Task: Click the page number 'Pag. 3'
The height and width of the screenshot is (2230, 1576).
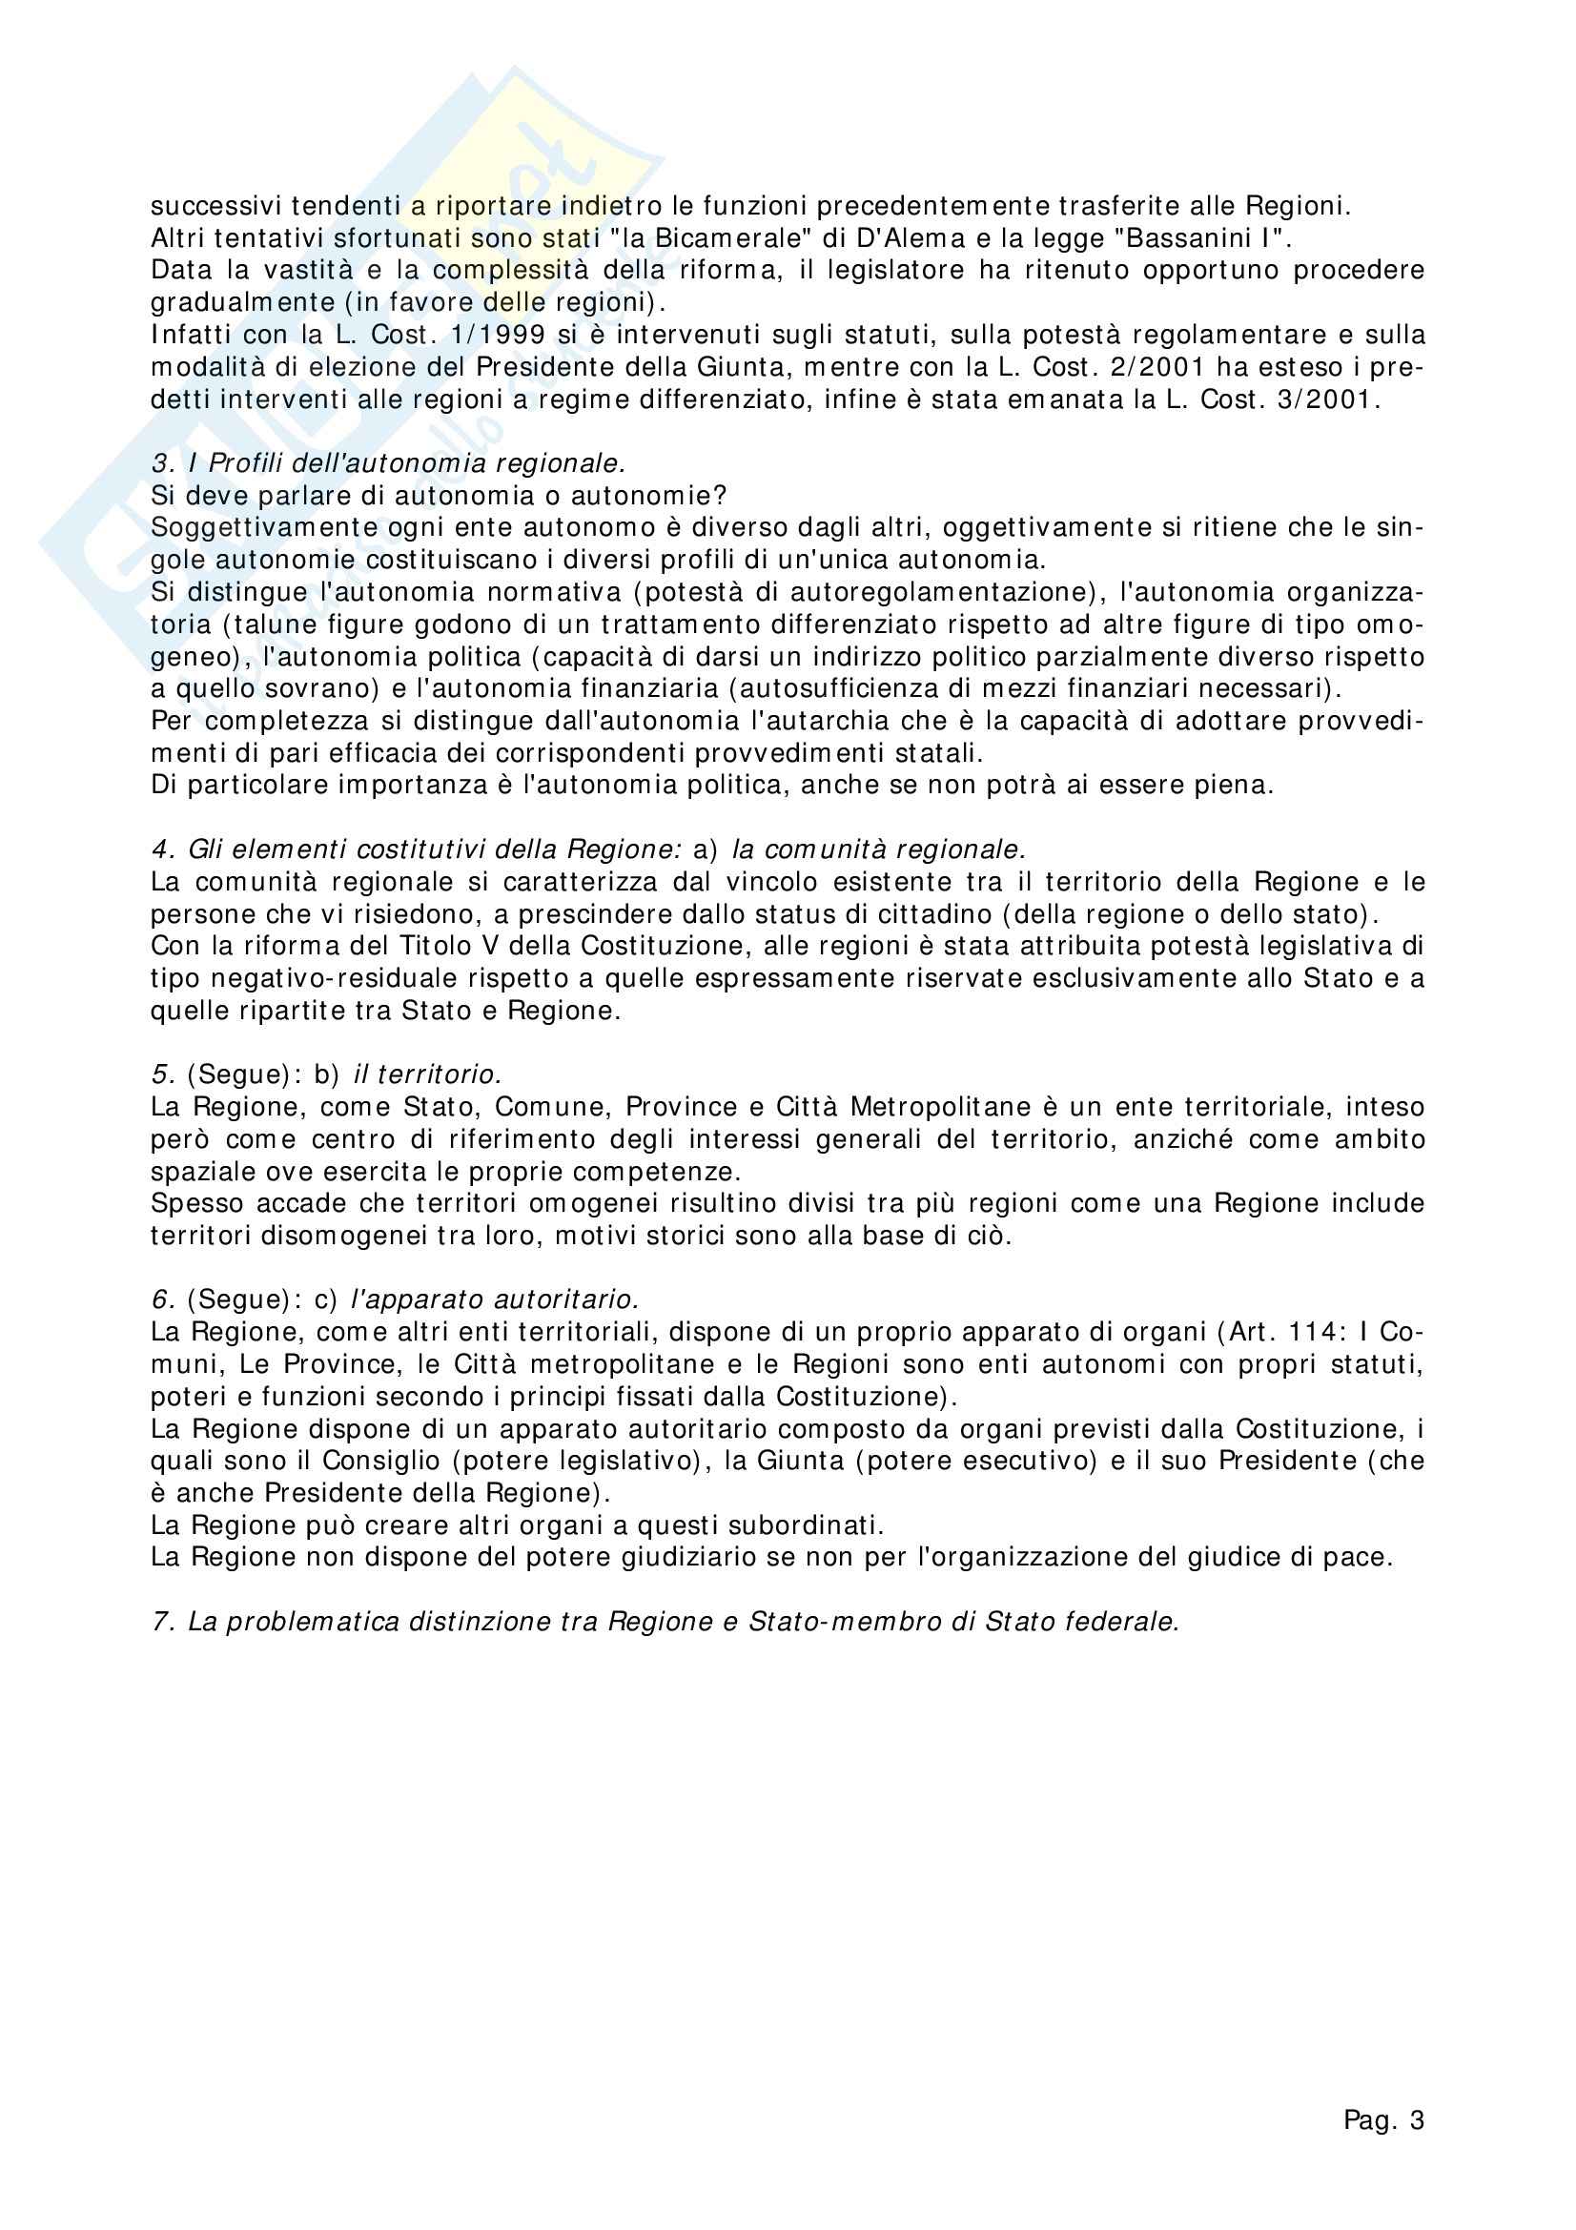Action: coord(1382,2121)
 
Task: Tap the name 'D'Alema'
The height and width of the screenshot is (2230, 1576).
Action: coord(896,239)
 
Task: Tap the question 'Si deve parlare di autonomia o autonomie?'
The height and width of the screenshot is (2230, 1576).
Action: coord(439,497)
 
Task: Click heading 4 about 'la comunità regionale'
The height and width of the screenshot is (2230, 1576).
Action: coord(588,850)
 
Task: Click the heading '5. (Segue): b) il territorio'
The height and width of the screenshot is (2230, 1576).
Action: coord(326,1075)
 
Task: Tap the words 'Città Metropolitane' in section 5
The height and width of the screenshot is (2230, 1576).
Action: coord(912,1107)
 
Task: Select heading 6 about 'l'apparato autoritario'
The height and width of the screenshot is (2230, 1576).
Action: coord(396,1300)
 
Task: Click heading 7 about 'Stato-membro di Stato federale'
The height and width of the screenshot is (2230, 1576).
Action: coord(665,1622)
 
